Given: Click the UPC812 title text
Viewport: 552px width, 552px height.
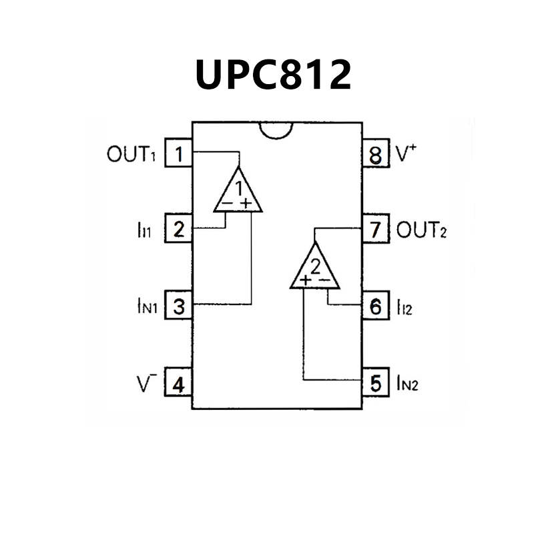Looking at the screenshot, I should coord(273,74).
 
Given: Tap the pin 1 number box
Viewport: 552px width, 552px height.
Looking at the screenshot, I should coord(178,154).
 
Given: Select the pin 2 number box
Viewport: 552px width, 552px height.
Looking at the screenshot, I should coord(178,230).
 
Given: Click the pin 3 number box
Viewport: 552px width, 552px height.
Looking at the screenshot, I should coord(178,307).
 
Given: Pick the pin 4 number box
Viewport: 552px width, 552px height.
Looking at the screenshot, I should coord(178,384).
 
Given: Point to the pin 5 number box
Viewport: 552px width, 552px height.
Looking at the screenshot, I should coord(376,384).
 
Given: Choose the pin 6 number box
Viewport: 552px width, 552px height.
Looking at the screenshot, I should coord(376,307).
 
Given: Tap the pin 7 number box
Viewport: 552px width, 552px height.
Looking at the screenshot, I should coord(376,231).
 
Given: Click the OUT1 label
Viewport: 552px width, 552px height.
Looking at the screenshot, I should coord(131,155).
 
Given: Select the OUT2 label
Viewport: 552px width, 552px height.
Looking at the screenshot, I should coord(421,231).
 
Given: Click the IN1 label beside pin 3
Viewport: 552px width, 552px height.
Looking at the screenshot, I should coord(143,308).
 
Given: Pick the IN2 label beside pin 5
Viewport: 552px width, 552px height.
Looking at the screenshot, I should coord(407,384).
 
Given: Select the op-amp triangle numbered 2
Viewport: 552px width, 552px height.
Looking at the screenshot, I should coord(315,269).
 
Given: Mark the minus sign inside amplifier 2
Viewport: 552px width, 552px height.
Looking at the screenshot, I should coord(325,280).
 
